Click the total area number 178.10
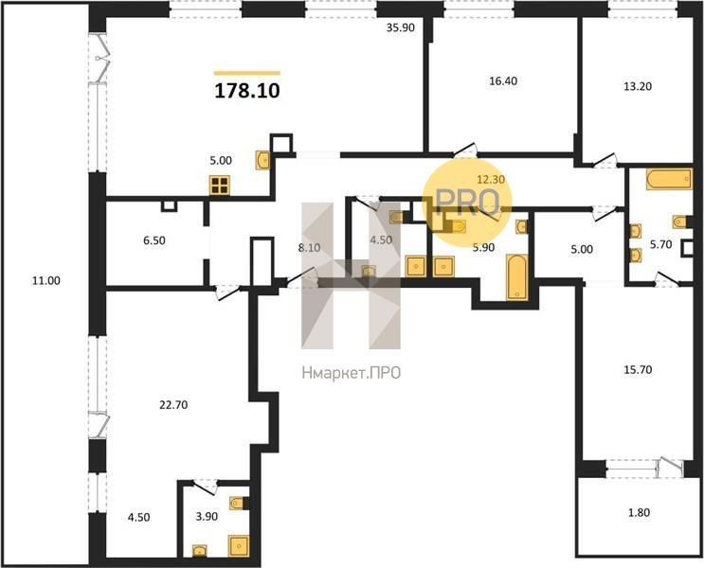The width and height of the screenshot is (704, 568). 247,91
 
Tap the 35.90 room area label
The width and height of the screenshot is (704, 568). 401,27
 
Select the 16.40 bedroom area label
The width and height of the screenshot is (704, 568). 503,81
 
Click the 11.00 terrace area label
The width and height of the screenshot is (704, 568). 46,281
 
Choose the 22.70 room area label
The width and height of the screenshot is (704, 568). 173,405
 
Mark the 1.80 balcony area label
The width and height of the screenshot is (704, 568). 639,512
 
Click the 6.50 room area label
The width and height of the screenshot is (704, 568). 154,240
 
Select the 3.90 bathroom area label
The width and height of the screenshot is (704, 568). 207,517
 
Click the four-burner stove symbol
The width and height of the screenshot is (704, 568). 220,186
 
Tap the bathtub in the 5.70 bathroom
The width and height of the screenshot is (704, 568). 669,179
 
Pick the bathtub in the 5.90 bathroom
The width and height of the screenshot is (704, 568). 517,276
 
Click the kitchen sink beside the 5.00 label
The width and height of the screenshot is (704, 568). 262,160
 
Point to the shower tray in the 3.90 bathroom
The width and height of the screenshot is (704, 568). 239,545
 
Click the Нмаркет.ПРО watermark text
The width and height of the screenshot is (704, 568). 352,373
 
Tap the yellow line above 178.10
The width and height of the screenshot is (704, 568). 247,73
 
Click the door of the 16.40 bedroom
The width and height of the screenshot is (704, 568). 464,151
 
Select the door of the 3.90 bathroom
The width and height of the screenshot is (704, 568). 206,484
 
